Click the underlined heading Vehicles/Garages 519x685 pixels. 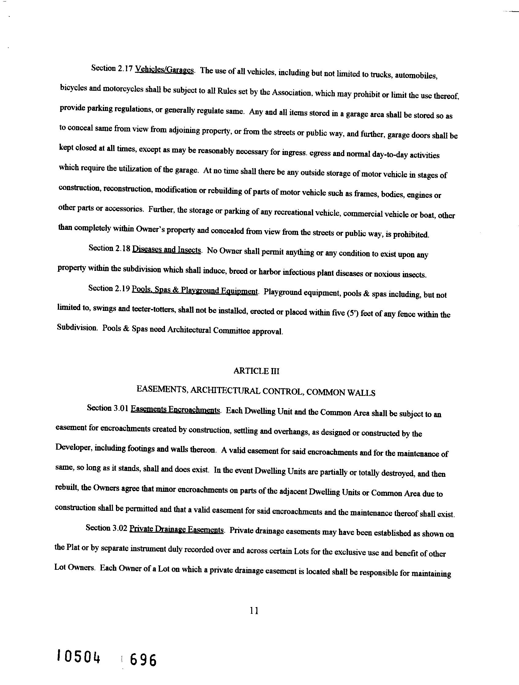point(164,70)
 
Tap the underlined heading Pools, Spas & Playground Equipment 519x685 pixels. point(194,290)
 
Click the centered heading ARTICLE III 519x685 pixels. point(256,371)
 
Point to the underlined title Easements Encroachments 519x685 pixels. point(175,410)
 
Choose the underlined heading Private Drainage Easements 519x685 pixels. point(176,529)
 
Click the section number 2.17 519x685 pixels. point(125,69)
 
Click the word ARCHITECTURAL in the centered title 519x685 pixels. point(225,391)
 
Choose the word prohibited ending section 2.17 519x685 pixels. point(411,234)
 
